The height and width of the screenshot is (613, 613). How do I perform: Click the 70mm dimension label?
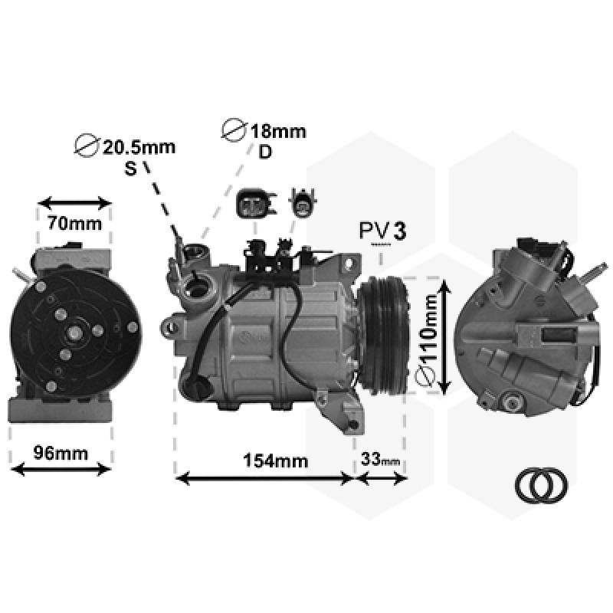(x=74, y=224)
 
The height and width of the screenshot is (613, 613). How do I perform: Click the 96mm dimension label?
(x=61, y=453)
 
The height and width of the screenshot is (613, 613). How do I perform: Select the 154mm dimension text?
(x=276, y=461)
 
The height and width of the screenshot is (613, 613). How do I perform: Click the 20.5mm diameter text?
(x=139, y=147)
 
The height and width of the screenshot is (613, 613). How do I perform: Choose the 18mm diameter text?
(x=278, y=131)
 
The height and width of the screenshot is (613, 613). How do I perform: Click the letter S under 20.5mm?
(x=130, y=169)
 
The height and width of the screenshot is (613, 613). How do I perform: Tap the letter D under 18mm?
(x=265, y=152)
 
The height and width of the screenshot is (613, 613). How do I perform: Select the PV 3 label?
(x=382, y=231)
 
